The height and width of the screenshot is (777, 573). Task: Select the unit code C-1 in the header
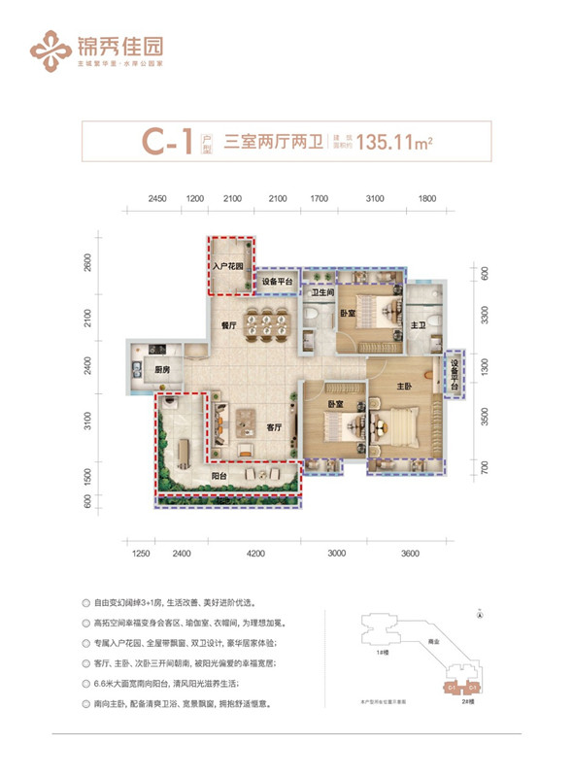[x=168, y=144]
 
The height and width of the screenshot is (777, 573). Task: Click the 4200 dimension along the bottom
[x=255, y=553]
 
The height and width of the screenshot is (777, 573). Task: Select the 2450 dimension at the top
[x=159, y=198]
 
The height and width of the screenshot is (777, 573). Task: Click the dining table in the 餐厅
[x=265, y=327]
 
